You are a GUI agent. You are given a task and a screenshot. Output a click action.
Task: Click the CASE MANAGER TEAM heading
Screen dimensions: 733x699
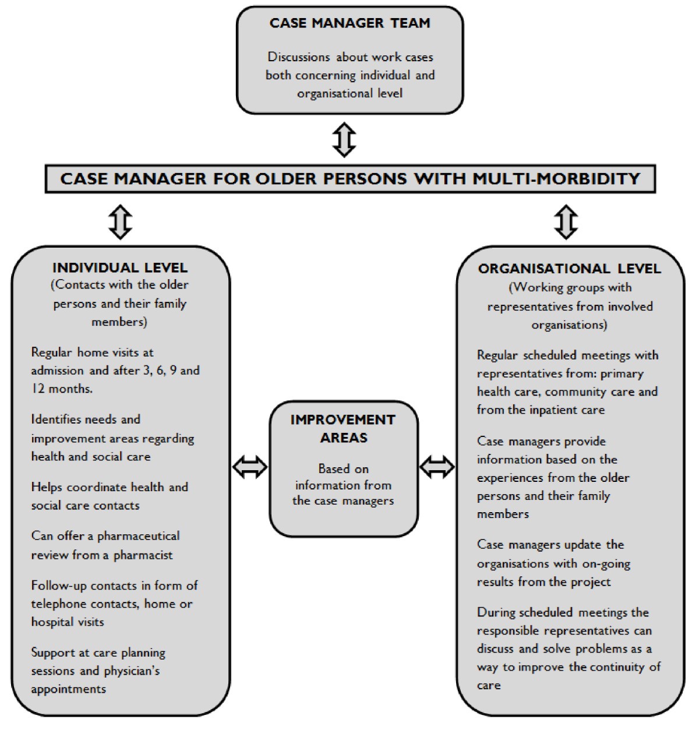click(349, 23)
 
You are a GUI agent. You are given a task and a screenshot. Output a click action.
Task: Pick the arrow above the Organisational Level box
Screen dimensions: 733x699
click(566, 222)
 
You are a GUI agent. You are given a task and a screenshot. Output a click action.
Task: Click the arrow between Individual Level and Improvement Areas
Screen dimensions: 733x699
click(250, 467)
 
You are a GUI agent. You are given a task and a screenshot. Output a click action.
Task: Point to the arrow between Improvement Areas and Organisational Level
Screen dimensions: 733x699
click(437, 467)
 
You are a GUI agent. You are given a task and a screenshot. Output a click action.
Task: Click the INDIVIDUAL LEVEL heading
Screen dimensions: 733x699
click(120, 268)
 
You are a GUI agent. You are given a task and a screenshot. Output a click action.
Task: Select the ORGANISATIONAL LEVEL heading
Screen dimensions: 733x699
click(569, 269)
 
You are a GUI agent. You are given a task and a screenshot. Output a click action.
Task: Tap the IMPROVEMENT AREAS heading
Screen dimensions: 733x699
click(343, 428)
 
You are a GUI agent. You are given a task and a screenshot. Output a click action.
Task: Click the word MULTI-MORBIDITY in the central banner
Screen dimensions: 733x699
click(556, 178)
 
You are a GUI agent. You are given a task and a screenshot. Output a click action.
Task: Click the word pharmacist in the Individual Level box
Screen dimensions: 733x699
click(143, 555)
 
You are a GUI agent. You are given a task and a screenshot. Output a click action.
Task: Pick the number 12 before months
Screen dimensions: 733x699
click(38, 389)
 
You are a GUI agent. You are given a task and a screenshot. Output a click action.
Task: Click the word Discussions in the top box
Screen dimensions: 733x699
click(298, 57)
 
